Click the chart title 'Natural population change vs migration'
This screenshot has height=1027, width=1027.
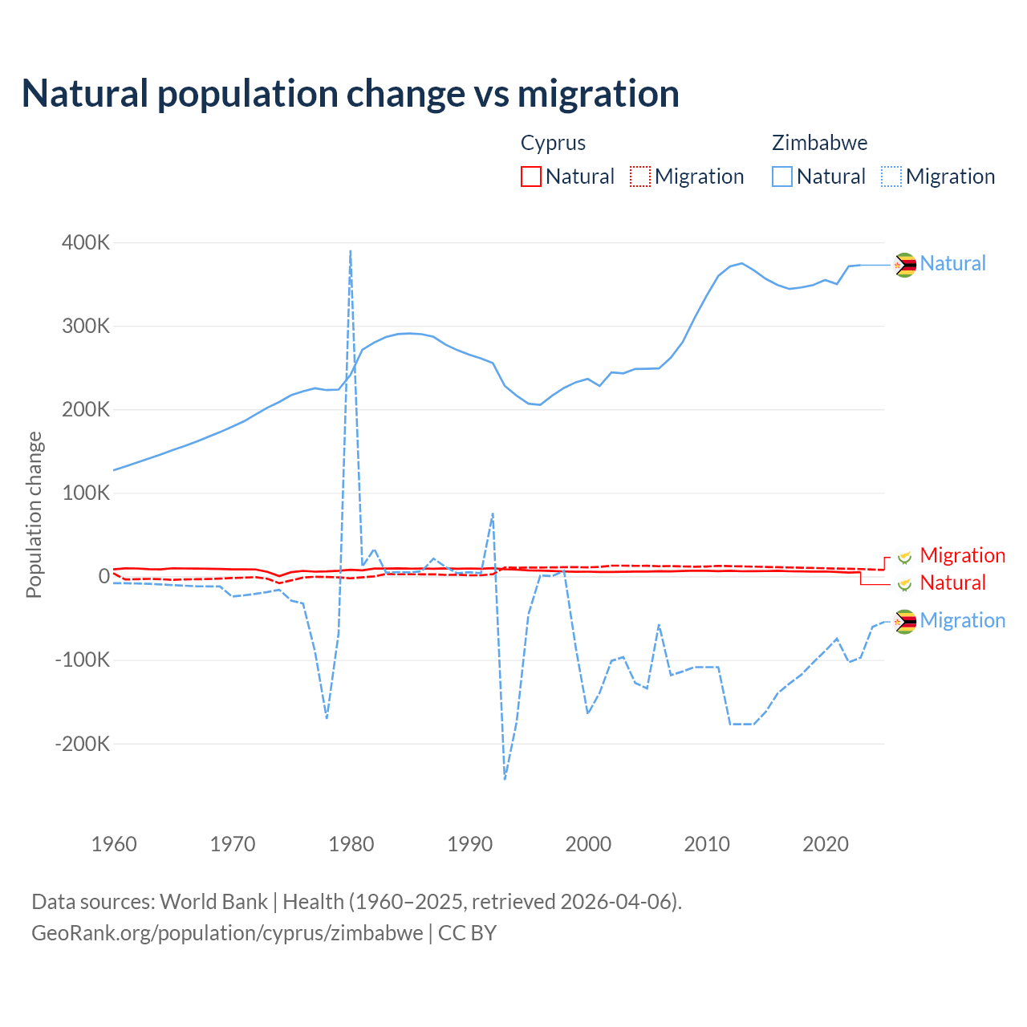[351, 94]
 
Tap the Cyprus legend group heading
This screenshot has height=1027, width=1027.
[553, 143]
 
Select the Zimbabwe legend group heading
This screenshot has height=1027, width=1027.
[819, 143]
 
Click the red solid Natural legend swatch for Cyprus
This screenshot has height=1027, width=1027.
[531, 177]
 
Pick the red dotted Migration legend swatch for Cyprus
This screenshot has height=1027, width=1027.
[640, 177]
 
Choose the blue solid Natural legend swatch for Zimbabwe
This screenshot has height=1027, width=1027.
[782, 177]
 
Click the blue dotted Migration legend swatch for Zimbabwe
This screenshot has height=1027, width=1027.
[891, 177]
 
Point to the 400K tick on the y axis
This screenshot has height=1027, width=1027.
[86, 242]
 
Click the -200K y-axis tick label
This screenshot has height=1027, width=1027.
[83, 744]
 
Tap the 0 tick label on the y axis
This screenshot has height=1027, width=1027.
[104, 576]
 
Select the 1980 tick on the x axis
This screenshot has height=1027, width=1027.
[351, 844]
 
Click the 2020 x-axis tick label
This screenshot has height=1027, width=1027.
[826, 844]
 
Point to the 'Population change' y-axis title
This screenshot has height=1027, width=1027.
[34, 514]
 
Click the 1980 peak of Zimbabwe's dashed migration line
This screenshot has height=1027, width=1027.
[351, 251]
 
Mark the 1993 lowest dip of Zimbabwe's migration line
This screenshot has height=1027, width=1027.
[505, 778]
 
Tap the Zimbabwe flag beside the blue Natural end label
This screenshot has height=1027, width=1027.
[905, 264]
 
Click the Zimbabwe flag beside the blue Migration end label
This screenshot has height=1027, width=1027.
[905, 621]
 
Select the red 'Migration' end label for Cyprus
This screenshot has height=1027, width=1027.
[962, 555]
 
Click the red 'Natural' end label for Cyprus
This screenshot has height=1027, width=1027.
[952, 583]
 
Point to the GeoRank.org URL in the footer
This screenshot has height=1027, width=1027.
[227, 933]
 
